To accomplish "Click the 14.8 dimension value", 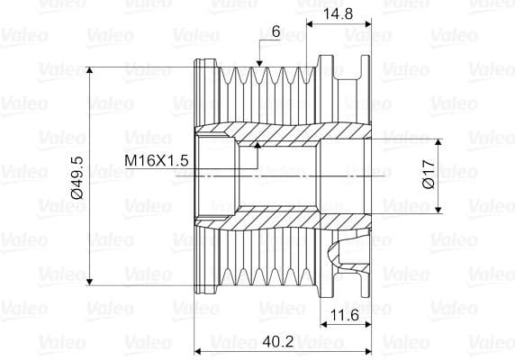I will pos(338,15).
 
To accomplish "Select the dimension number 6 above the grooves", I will pos(276,31).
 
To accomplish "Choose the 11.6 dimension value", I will pos(346,314).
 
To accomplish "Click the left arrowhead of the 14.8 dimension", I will pos(310,22).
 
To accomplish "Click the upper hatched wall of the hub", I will pos(288,130).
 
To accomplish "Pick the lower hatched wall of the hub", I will pos(288,220).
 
